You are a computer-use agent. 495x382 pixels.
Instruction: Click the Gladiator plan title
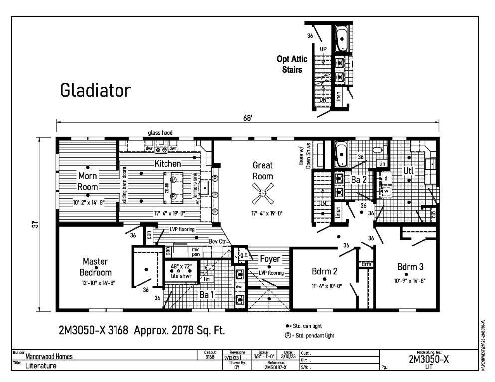(95, 90)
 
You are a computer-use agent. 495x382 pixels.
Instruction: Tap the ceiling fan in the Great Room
(262, 194)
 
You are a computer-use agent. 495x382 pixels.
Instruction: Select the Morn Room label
(87, 182)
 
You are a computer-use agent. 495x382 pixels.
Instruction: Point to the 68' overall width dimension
(247, 118)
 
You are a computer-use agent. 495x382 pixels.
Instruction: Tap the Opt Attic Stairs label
(289, 64)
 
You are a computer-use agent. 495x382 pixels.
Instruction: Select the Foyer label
(269, 259)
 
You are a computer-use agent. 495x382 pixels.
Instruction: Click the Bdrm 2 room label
(325, 272)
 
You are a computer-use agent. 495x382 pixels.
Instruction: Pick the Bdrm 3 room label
(411, 265)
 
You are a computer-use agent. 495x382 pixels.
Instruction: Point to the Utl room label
(409, 171)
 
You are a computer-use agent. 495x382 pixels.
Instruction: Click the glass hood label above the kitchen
(160, 133)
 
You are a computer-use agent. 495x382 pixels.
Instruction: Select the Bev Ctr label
(217, 241)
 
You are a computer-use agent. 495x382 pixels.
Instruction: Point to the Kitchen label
(167, 163)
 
